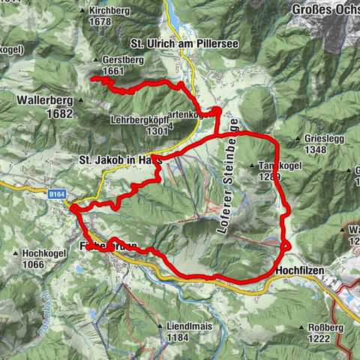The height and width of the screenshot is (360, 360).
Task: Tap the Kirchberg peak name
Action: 109,11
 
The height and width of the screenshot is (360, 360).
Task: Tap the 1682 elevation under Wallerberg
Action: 59,113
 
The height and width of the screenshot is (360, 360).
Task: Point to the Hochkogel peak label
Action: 46,253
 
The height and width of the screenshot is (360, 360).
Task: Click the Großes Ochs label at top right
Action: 323,10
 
